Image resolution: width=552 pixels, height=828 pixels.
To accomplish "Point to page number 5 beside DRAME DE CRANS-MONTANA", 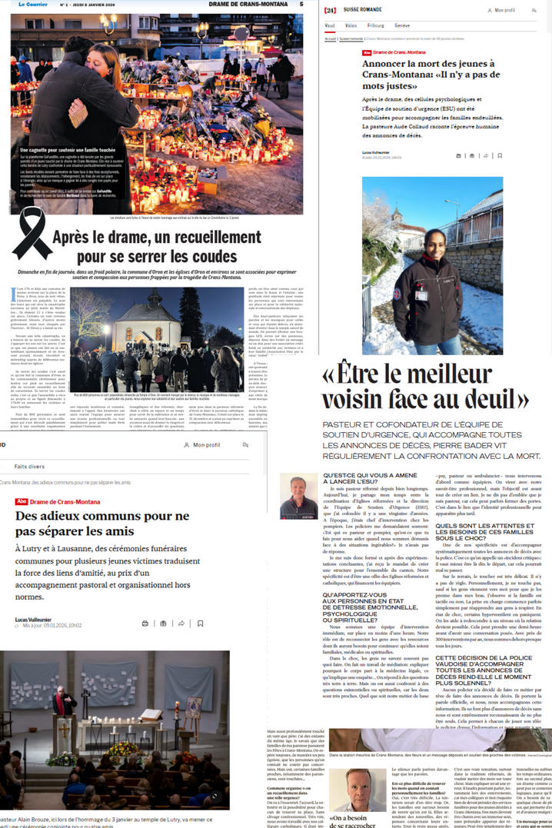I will pyautogui.click(x=301, y=5).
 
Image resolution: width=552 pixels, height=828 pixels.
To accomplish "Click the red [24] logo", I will pyautogui.click(x=330, y=11).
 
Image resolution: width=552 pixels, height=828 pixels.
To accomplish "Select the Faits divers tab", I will pyautogui.click(x=29, y=467).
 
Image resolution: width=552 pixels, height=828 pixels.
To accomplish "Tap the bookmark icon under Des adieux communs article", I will pyautogui.click(x=200, y=623).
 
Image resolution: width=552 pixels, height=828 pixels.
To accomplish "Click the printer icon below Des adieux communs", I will pyautogui.click(x=145, y=623).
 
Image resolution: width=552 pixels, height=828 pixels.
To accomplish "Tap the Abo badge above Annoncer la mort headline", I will pyautogui.click(x=367, y=52).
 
